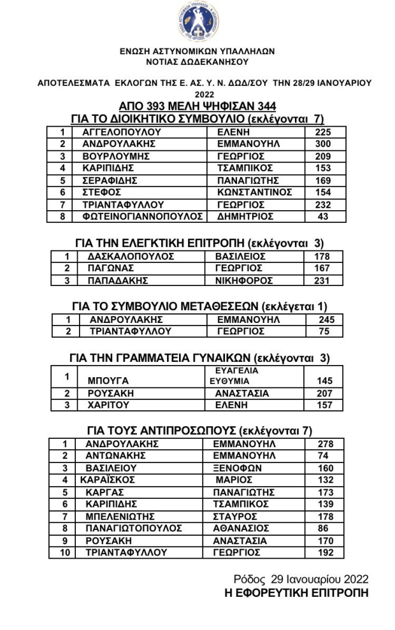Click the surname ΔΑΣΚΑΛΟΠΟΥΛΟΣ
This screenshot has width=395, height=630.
click(x=131, y=257)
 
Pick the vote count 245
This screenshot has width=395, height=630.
click(x=324, y=320)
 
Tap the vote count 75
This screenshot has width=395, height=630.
click(x=324, y=332)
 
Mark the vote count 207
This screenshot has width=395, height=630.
click(x=324, y=393)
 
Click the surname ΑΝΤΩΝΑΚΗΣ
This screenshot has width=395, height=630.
click(x=116, y=455)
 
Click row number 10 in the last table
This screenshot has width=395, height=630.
click(x=64, y=553)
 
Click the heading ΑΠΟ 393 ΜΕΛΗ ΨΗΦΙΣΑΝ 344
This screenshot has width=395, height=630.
click(x=197, y=106)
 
